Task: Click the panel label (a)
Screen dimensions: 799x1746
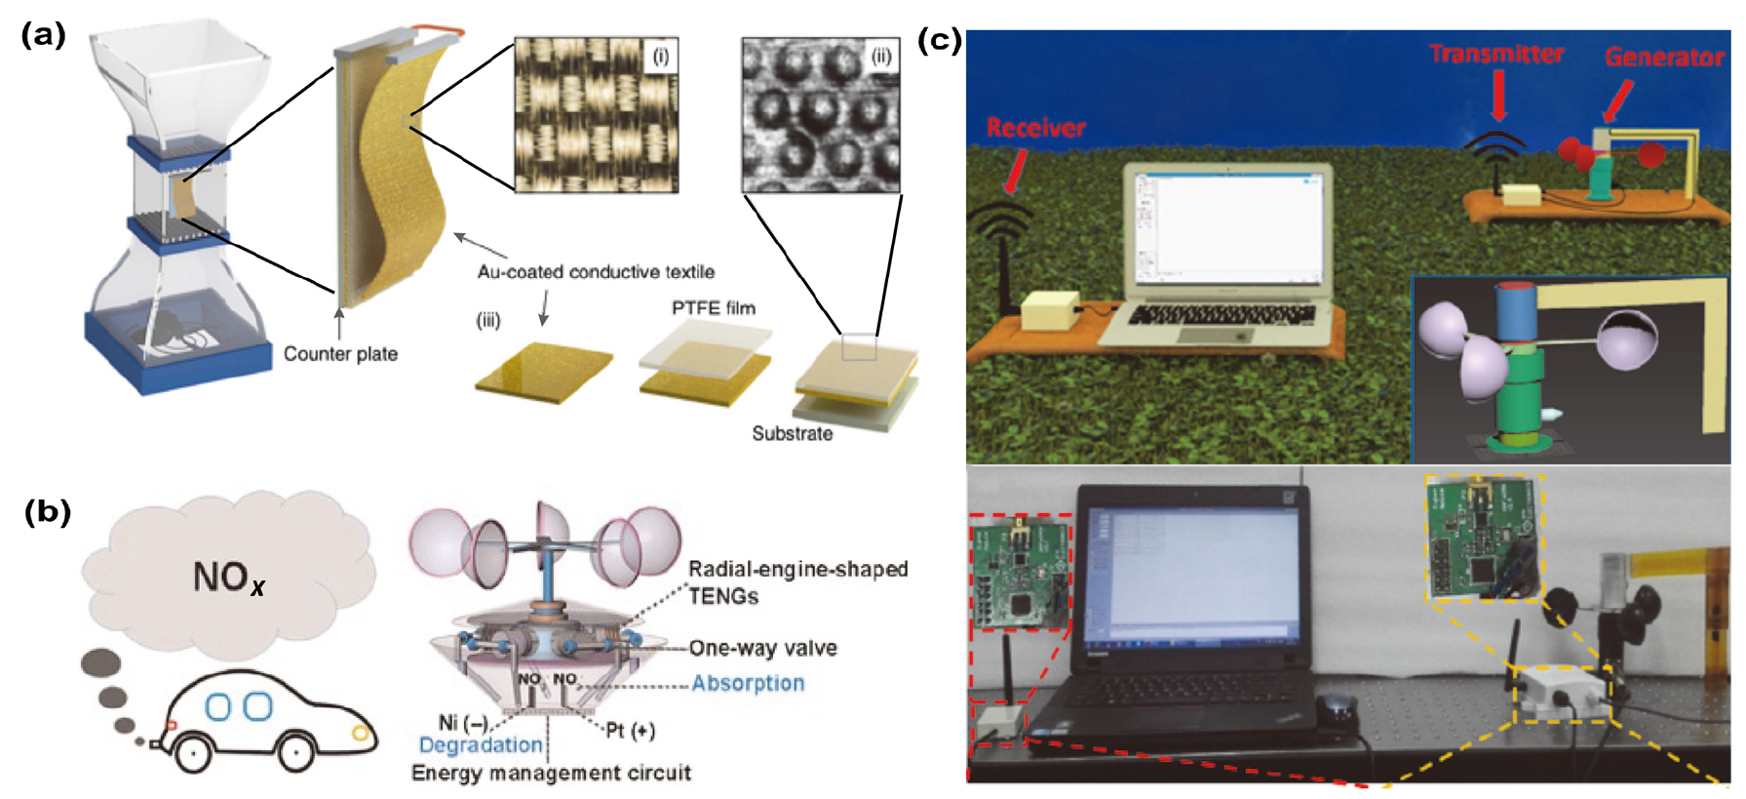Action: point(43,36)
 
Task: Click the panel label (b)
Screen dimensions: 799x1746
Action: point(47,512)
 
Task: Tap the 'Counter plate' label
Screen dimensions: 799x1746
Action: point(340,354)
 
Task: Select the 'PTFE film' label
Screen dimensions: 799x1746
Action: point(713,308)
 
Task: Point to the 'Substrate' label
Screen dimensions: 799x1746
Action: point(792,434)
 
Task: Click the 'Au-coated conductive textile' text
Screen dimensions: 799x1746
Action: point(596,272)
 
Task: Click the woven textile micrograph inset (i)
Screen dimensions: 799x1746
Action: point(596,115)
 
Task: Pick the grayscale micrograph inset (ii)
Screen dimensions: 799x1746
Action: point(821,115)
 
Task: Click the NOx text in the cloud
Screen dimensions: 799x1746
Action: point(229,578)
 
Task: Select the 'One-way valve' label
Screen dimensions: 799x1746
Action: point(762,649)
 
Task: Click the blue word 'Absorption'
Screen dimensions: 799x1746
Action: point(748,684)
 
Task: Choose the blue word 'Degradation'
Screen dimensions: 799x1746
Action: point(481,745)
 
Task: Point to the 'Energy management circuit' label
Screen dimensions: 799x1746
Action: point(551,774)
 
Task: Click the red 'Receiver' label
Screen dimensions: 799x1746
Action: point(1035,128)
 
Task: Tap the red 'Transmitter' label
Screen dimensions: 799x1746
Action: point(1496,55)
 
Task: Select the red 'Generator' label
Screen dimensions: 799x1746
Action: point(1664,58)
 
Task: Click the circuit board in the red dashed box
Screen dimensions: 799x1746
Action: point(1020,578)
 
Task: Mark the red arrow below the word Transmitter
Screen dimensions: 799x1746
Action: point(1498,98)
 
